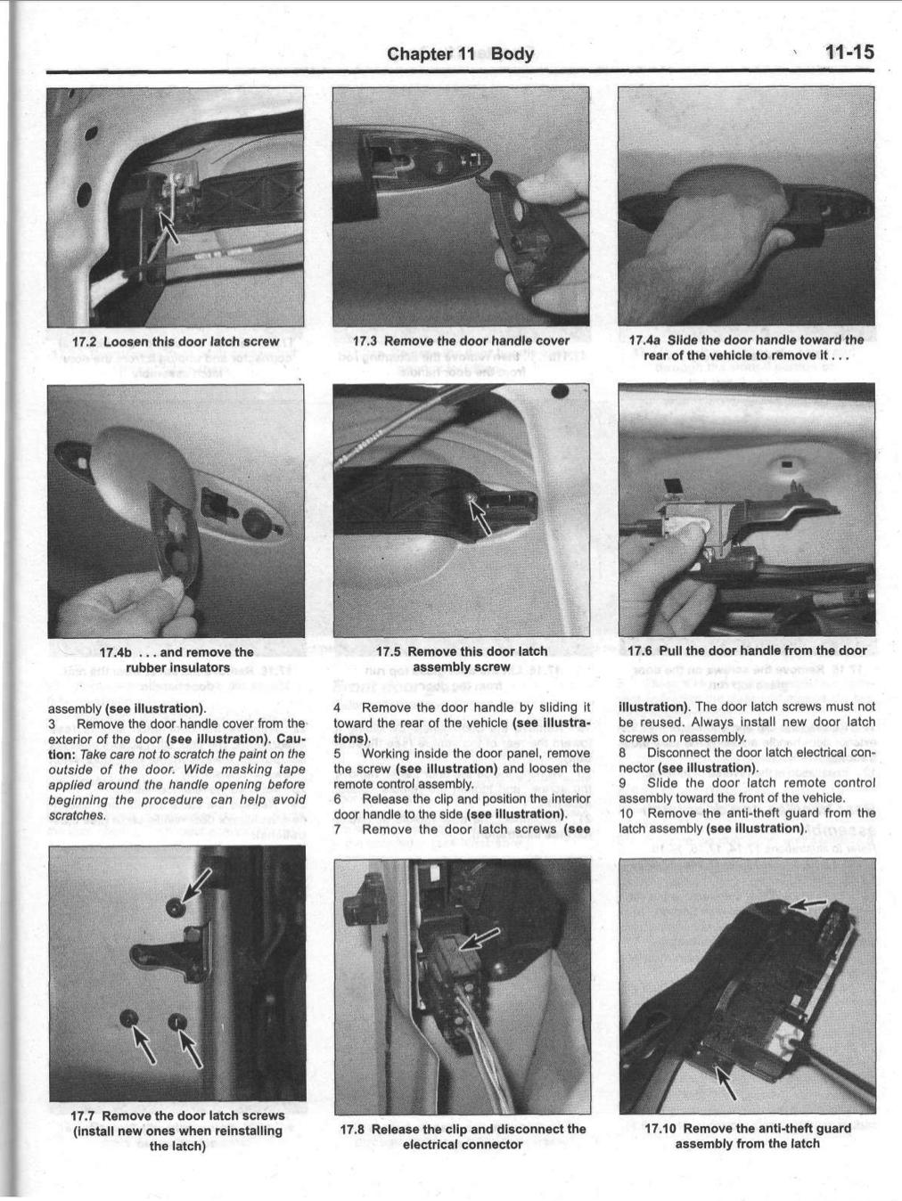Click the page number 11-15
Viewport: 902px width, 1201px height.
pyautogui.click(x=848, y=53)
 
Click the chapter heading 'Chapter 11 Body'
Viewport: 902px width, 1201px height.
pyautogui.click(x=460, y=53)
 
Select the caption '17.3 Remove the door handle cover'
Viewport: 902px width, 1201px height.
pyautogui.click(x=461, y=340)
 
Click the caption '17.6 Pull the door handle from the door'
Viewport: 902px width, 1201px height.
pyautogui.click(x=747, y=651)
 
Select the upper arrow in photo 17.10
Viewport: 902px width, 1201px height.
pyautogui.click(x=806, y=905)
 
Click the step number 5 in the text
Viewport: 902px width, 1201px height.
pyautogui.click(x=338, y=754)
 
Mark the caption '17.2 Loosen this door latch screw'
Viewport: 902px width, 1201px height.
pyautogui.click(x=176, y=341)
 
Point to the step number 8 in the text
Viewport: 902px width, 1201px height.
pyautogui.click(x=622, y=753)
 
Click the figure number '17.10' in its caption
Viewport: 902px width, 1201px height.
pyautogui.click(x=663, y=1128)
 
